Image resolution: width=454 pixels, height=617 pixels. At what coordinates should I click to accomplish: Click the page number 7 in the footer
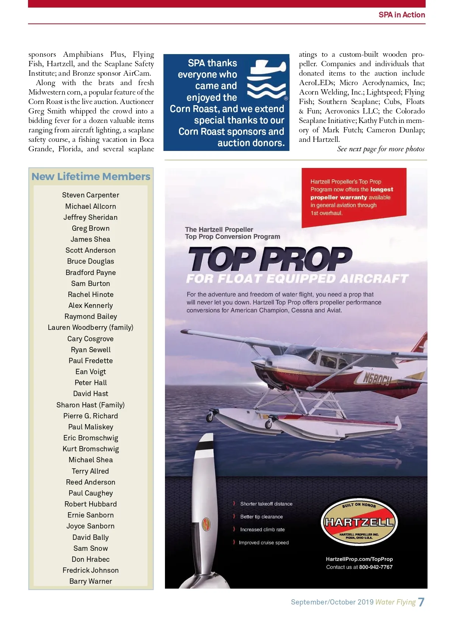pos(421,602)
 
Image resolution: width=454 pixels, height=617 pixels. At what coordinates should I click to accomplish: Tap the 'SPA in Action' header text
pos(402,15)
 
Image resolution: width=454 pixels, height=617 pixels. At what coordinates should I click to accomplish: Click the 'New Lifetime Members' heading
pos(91,177)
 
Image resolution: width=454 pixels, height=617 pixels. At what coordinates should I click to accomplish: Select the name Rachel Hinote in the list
pos(91,294)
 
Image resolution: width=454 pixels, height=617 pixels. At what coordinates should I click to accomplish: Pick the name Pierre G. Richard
pos(91,416)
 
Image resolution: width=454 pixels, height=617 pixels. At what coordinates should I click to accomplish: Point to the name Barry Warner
pos(91,581)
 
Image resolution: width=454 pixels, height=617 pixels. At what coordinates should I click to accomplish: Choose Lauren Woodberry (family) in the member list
pos(91,327)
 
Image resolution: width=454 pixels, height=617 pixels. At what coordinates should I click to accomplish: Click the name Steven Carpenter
pos(91,195)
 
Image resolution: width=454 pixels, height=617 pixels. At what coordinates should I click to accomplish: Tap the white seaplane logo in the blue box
pos(267,79)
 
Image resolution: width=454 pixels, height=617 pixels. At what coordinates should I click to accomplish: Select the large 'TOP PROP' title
pos(270,259)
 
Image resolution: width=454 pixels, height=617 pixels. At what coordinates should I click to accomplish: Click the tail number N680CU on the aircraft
pos(377,379)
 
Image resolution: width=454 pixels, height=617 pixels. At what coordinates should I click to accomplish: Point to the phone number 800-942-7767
pos(376,567)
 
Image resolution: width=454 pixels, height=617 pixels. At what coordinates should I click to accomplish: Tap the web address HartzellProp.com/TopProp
pos(359,559)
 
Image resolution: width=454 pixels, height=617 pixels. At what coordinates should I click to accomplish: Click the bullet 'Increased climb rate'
pos(262,530)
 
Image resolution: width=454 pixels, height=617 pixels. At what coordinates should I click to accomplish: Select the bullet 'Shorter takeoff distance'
pos(266,504)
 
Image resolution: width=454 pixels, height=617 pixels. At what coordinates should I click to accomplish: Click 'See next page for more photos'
pos(381,149)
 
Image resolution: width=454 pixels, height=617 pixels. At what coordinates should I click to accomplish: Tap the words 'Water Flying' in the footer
pos(395,602)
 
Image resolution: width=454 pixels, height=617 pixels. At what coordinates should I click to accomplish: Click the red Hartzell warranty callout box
pos(353,197)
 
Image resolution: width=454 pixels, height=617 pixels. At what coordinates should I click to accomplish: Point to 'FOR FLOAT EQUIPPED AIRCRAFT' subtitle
pos(297,279)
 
